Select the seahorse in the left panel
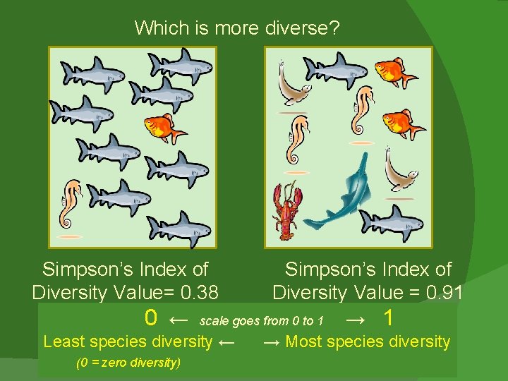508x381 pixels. (x=72, y=205)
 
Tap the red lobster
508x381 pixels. (x=288, y=210)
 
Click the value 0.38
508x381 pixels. (x=198, y=292)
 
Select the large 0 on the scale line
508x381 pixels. (x=150, y=318)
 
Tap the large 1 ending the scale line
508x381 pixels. (x=388, y=318)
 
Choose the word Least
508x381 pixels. (x=64, y=342)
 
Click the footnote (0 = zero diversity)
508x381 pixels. (x=128, y=363)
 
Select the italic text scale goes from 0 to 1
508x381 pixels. (x=262, y=322)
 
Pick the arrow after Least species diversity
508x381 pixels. (x=226, y=342)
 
